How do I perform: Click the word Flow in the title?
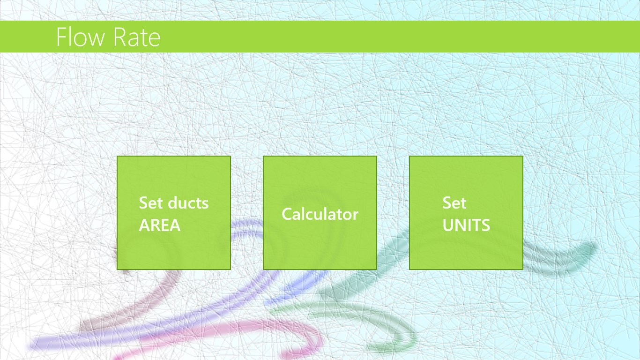pyautogui.click(x=81, y=37)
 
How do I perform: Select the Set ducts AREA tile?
pyautogui.click(x=174, y=213)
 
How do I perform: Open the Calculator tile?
pyautogui.click(x=320, y=213)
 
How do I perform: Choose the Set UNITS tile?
pyautogui.click(x=466, y=213)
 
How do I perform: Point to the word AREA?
pyautogui.click(x=159, y=225)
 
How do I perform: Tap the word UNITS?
pyautogui.click(x=466, y=225)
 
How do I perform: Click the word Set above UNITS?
pyautogui.click(x=454, y=202)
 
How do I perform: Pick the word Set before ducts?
pyautogui.click(x=150, y=202)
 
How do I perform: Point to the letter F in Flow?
pyautogui.click(x=61, y=37)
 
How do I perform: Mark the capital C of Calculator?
pyautogui.click(x=287, y=214)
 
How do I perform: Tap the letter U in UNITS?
pyautogui.click(x=448, y=225)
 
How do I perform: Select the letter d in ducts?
pyautogui.click(x=173, y=202)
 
